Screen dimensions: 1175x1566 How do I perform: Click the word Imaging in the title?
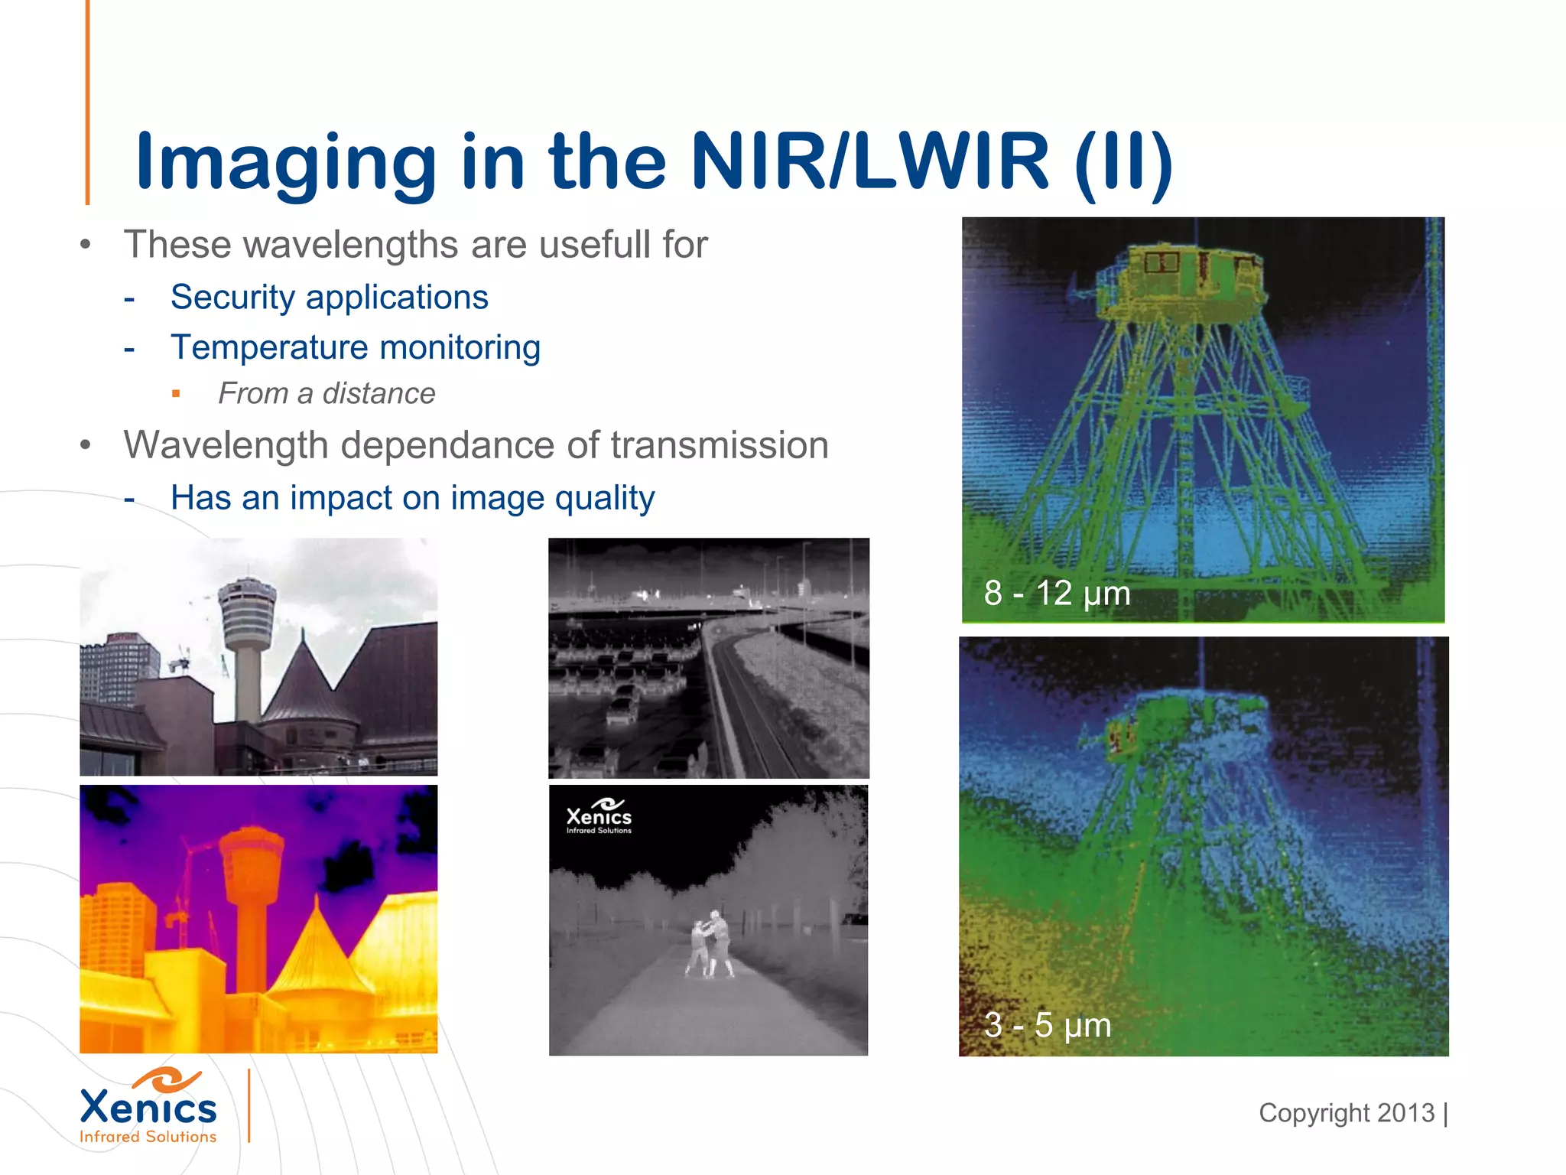pos(286,162)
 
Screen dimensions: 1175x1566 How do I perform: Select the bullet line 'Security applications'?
pos(329,297)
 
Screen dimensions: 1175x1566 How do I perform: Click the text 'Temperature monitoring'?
pos(356,347)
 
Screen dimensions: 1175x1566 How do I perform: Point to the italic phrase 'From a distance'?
pos(327,393)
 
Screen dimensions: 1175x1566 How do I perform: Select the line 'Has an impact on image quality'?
pos(412,498)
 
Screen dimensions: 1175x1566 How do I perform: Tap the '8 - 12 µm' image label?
pos(1057,593)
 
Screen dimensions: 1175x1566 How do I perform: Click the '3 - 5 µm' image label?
pos(1047,1025)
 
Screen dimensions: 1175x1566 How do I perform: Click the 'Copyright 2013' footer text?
pos(1347,1113)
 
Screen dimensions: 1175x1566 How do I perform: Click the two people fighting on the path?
pos(712,944)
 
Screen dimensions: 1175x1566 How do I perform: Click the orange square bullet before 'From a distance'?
pos(177,394)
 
